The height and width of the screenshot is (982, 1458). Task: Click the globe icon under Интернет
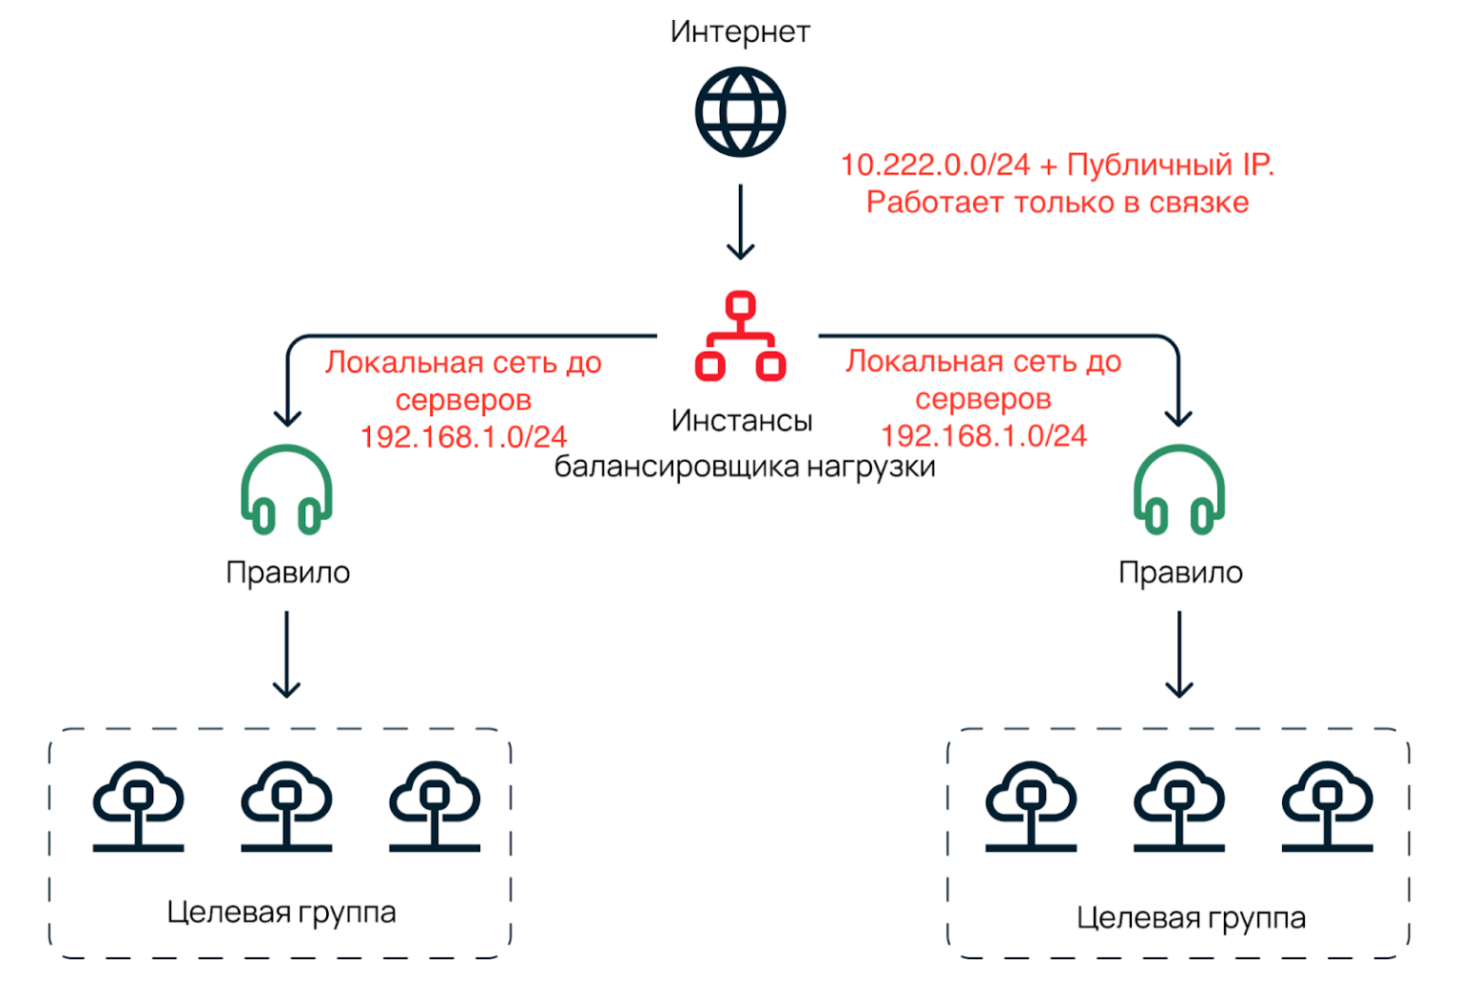[x=740, y=112]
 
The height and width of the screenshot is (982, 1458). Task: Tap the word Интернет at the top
[x=740, y=32]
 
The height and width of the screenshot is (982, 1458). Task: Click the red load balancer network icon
[x=740, y=337]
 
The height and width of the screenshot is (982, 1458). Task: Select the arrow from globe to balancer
[x=740, y=222]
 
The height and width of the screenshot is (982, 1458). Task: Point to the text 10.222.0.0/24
[x=935, y=165]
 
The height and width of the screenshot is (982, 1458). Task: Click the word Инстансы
[x=741, y=420]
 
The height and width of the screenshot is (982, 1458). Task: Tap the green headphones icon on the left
[x=286, y=489]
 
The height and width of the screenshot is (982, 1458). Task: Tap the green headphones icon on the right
[x=1179, y=489]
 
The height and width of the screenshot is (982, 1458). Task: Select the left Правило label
[x=288, y=572]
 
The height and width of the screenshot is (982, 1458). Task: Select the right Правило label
[x=1181, y=572]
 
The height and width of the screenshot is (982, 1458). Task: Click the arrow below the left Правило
[x=287, y=655]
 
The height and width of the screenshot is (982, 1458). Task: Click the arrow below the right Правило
[x=1179, y=655]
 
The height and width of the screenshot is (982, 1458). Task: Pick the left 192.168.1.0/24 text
[x=464, y=437]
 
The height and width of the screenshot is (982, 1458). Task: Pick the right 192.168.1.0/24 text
[x=983, y=436]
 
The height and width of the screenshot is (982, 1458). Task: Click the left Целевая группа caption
[x=281, y=912]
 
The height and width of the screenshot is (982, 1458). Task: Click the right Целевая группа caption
[x=1190, y=918]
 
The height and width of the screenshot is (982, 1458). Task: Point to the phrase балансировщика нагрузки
[x=744, y=467]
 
